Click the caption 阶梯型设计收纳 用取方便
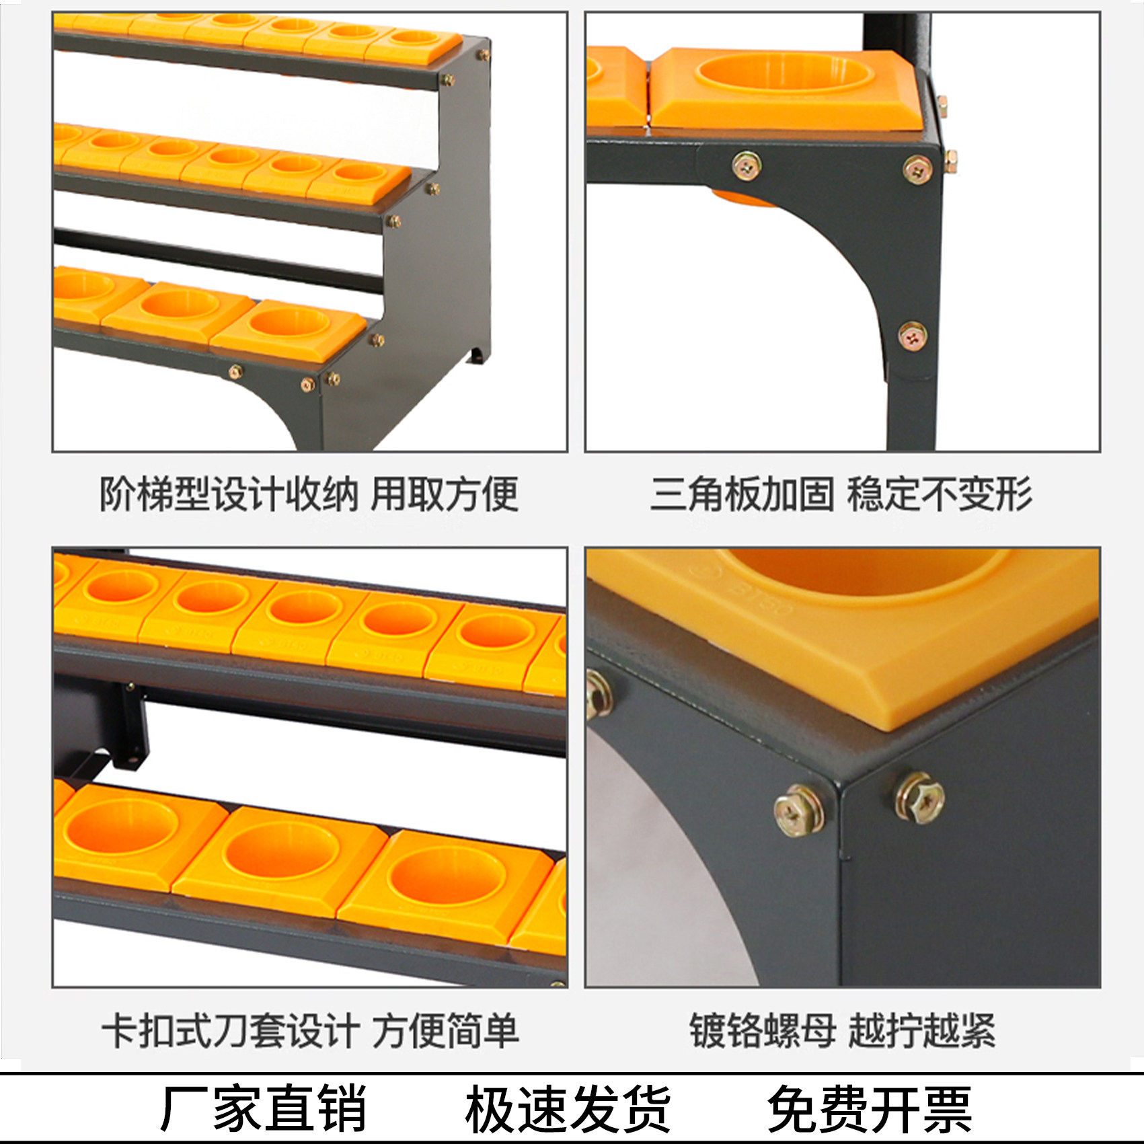coord(309,494)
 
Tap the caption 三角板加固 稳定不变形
coord(841,494)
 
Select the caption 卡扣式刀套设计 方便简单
coord(310,1030)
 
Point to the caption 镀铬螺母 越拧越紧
coord(842,1030)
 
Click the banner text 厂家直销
coord(263,1107)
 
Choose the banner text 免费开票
coord(870,1107)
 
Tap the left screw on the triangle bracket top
coord(747,165)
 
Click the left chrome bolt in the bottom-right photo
coord(799,810)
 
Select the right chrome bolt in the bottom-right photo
coord(919,797)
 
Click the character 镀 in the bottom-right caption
coord(708,1030)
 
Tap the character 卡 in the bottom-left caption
coord(120,1030)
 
